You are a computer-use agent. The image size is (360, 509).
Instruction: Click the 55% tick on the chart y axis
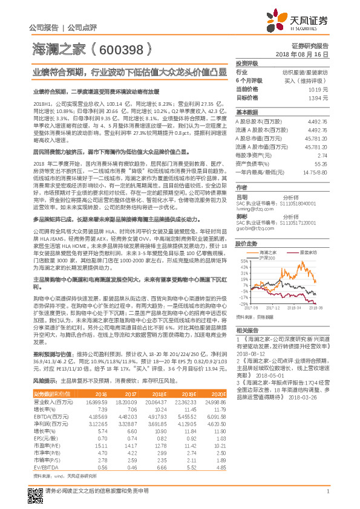point(244,261)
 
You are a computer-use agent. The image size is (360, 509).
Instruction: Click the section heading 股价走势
point(247,244)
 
